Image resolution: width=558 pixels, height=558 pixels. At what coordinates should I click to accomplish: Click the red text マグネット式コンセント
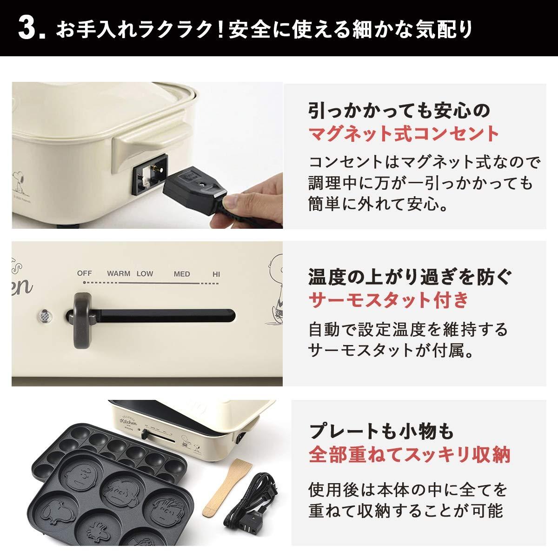(404, 134)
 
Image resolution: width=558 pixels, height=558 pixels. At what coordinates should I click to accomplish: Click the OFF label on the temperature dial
(85, 273)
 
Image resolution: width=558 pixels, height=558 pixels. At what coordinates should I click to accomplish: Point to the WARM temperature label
(119, 273)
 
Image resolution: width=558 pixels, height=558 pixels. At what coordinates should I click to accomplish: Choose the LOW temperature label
(145, 273)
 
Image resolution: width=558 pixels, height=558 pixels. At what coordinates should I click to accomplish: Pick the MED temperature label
(181, 274)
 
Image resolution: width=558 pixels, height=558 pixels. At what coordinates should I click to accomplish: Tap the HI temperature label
(216, 274)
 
